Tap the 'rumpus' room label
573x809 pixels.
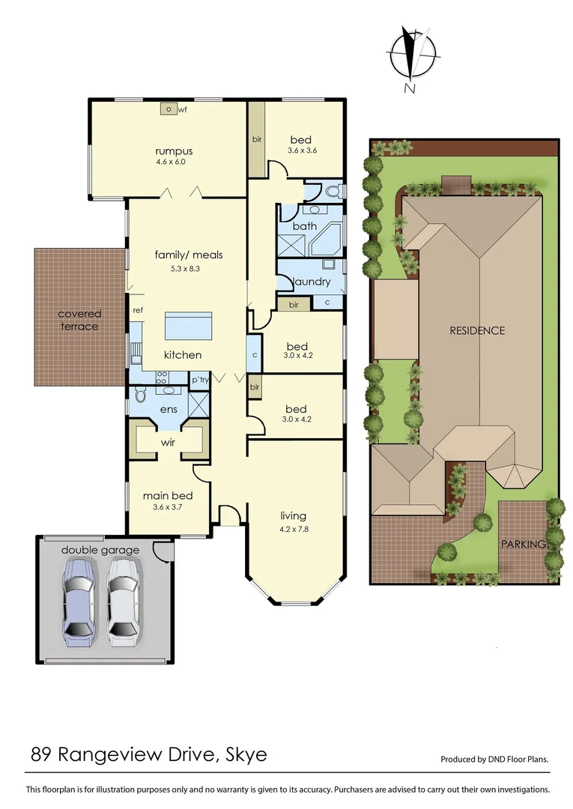(x=169, y=150)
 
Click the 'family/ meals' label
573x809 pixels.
(x=189, y=255)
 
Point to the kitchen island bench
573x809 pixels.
(x=188, y=327)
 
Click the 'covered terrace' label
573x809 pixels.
(x=79, y=320)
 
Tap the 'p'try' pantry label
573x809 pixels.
(x=199, y=381)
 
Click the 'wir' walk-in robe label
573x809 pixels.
(x=168, y=442)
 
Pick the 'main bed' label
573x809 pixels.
(x=169, y=495)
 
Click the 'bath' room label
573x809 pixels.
(x=305, y=225)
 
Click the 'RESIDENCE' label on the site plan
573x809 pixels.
(x=477, y=330)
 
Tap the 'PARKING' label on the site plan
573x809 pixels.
(x=523, y=544)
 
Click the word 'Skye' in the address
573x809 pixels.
(x=245, y=754)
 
